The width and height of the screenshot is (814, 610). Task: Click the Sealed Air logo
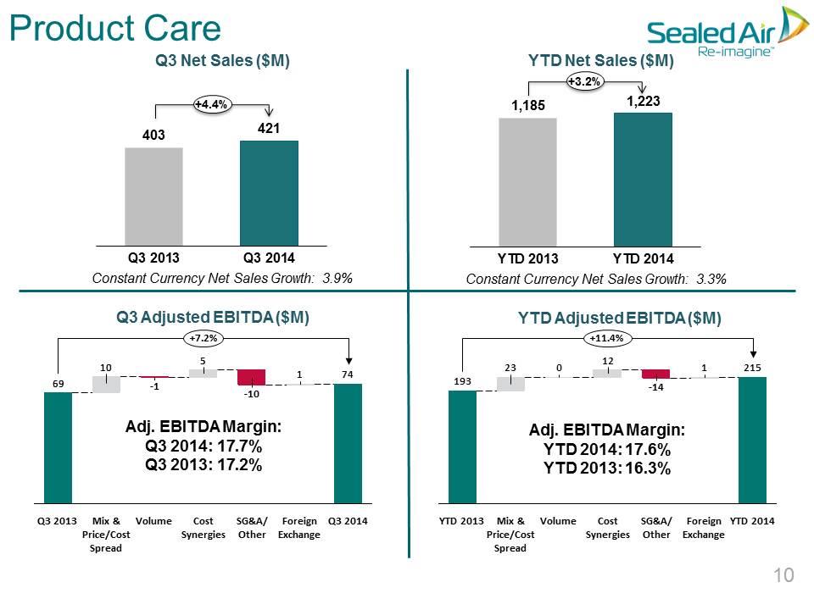tap(728, 31)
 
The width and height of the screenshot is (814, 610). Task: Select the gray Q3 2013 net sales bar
tap(153, 197)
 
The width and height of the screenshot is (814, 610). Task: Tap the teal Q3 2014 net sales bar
tap(269, 193)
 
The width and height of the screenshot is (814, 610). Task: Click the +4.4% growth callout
tap(212, 104)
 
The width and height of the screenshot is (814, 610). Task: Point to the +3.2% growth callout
tap(584, 81)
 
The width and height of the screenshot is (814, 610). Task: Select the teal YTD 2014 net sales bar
tap(644, 180)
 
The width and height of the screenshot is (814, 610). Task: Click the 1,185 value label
tap(528, 105)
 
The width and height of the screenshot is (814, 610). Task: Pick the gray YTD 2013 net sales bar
tap(528, 182)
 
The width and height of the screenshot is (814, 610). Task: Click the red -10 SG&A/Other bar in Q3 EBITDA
tap(251, 377)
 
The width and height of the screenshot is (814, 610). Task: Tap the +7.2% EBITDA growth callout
tap(203, 338)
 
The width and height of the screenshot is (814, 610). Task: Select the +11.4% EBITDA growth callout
tap(607, 338)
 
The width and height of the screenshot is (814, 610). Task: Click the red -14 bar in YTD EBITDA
tap(655, 374)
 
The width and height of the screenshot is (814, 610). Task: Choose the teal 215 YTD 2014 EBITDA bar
tap(752, 440)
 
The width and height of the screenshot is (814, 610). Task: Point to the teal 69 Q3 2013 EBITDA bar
tap(59, 447)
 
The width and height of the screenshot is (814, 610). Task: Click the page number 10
tap(783, 575)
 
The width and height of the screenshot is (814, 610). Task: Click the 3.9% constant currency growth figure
tap(337, 278)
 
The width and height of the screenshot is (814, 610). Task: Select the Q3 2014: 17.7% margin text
tap(203, 446)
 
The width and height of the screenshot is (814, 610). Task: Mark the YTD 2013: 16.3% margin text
tap(607, 468)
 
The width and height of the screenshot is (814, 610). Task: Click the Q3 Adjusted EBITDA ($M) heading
tap(213, 317)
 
